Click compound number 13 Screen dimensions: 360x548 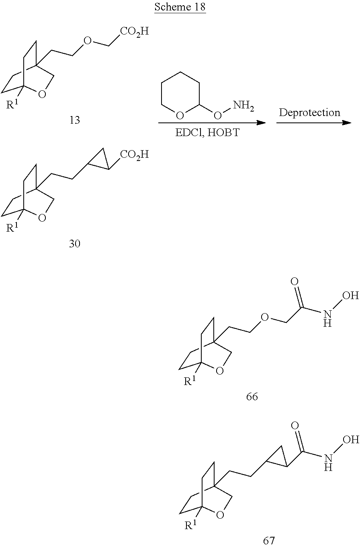coord(75,120)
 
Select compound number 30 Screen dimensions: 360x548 coord(75,244)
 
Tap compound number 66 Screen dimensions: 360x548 coord(252,397)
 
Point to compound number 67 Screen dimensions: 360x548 coord(269,541)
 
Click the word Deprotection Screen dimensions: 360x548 coord(309,113)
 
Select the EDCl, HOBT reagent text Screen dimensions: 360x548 coord(207,133)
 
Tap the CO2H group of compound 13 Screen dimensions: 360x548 coord(134,31)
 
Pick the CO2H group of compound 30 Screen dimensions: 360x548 coord(134,155)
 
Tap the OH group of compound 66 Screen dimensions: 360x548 coord(350,296)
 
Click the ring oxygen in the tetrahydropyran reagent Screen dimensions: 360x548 coord(180,116)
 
